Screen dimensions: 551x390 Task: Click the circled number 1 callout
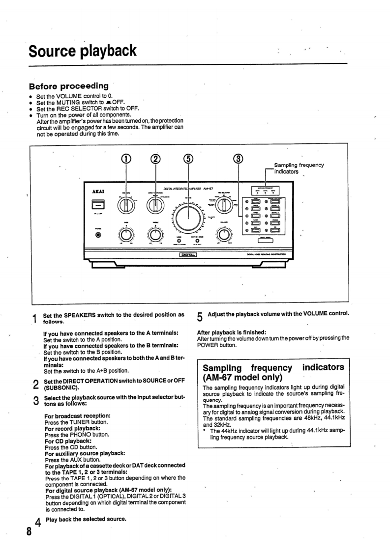[126, 159]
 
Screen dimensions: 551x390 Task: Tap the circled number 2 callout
[155, 159]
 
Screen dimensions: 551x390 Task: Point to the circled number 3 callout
[239, 159]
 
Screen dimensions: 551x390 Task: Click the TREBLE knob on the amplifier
[155, 236]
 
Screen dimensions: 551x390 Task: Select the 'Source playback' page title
[82, 51]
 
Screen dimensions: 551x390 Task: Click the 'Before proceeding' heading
[76, 86]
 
